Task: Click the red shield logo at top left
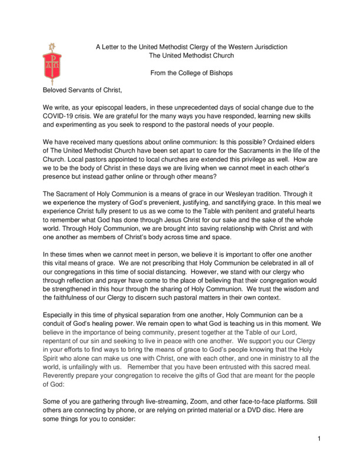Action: (x=51, y=62)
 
